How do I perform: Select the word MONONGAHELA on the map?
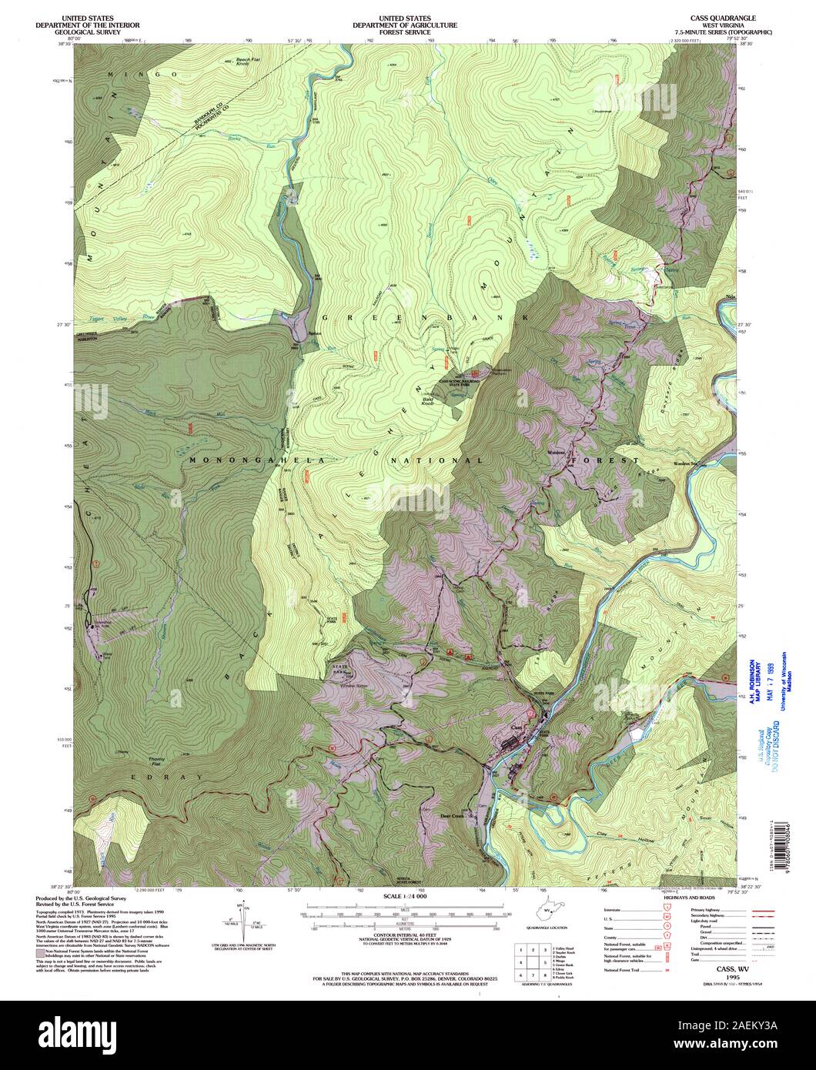tap(232, 460)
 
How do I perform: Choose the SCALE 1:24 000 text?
tap(405, 898)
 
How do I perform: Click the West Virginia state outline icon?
tap(548, 911)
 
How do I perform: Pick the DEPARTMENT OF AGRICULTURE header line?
tap(405, 25)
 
